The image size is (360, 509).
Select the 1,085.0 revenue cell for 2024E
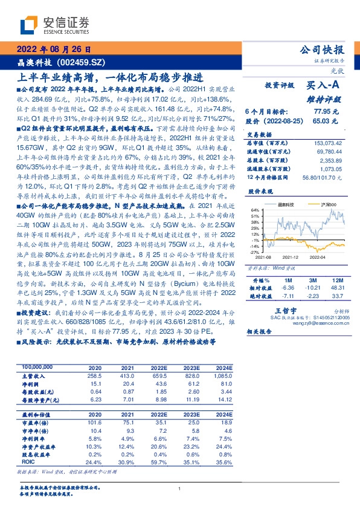pyautogui.click(x=221, y=375)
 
